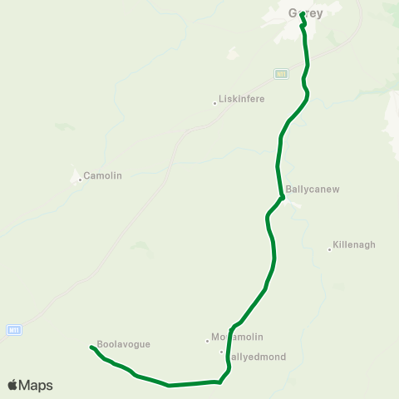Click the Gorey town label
tap(305, 13)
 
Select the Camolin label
tap(103, 176)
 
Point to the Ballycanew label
tap(313, 190)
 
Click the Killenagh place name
tap(354, 245)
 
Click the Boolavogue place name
tap(123, 344)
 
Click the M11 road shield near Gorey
tap(281, 74)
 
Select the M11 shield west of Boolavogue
tap(12, 330)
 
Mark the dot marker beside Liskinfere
tap(214, 103)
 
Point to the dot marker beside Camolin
tap(80, 178)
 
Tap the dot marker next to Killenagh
tap(329, 248)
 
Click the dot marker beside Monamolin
tap(207, 340)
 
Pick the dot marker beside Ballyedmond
tap(222, 352)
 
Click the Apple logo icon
tap(12, 385)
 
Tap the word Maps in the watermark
tap(37, 385)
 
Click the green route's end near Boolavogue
tap(90, 347)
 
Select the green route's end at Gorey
tap(302, 14)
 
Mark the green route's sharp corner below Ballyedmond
tap(219, 382)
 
